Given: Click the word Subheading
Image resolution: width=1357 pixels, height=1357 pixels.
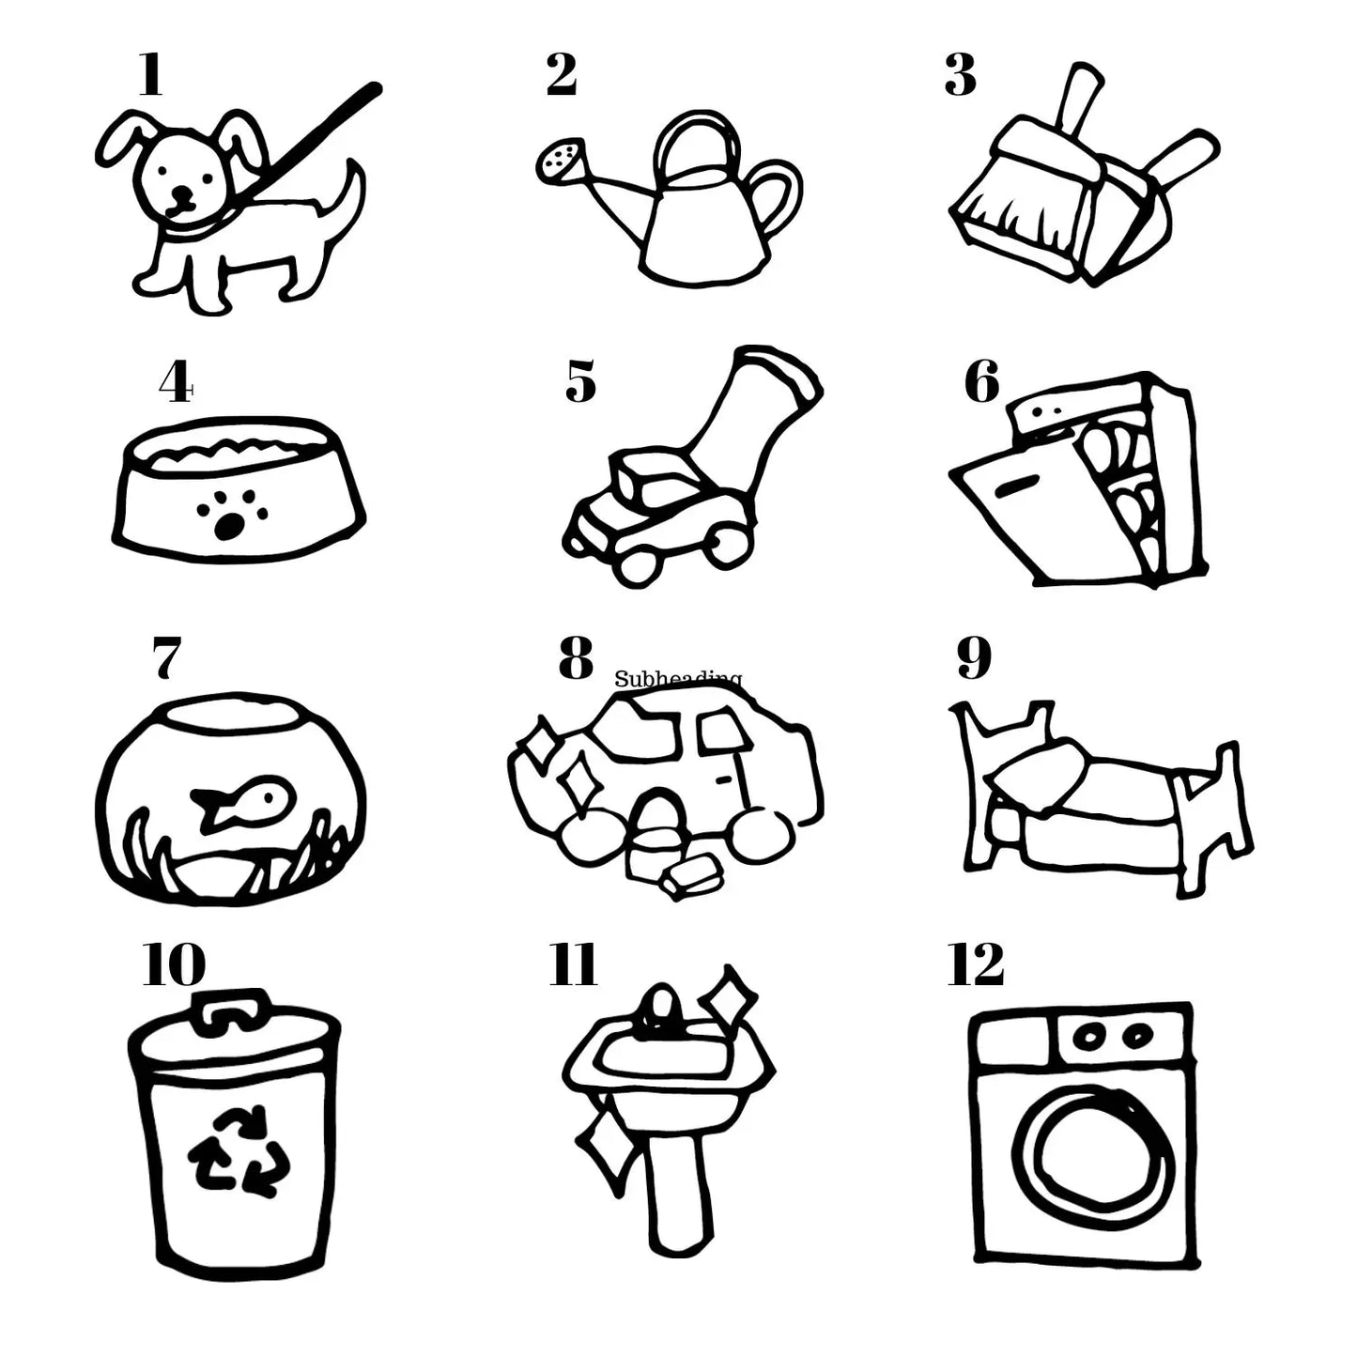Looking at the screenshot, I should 678,678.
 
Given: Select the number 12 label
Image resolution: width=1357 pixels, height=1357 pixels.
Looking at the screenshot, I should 976,964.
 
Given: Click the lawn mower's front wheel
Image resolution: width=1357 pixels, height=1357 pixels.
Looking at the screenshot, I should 639,563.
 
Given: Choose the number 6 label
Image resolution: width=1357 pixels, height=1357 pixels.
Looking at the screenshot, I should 982,382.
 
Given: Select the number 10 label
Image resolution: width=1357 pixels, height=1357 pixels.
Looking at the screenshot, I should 174,964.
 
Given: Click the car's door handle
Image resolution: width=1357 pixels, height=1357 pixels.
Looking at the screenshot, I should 722,779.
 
